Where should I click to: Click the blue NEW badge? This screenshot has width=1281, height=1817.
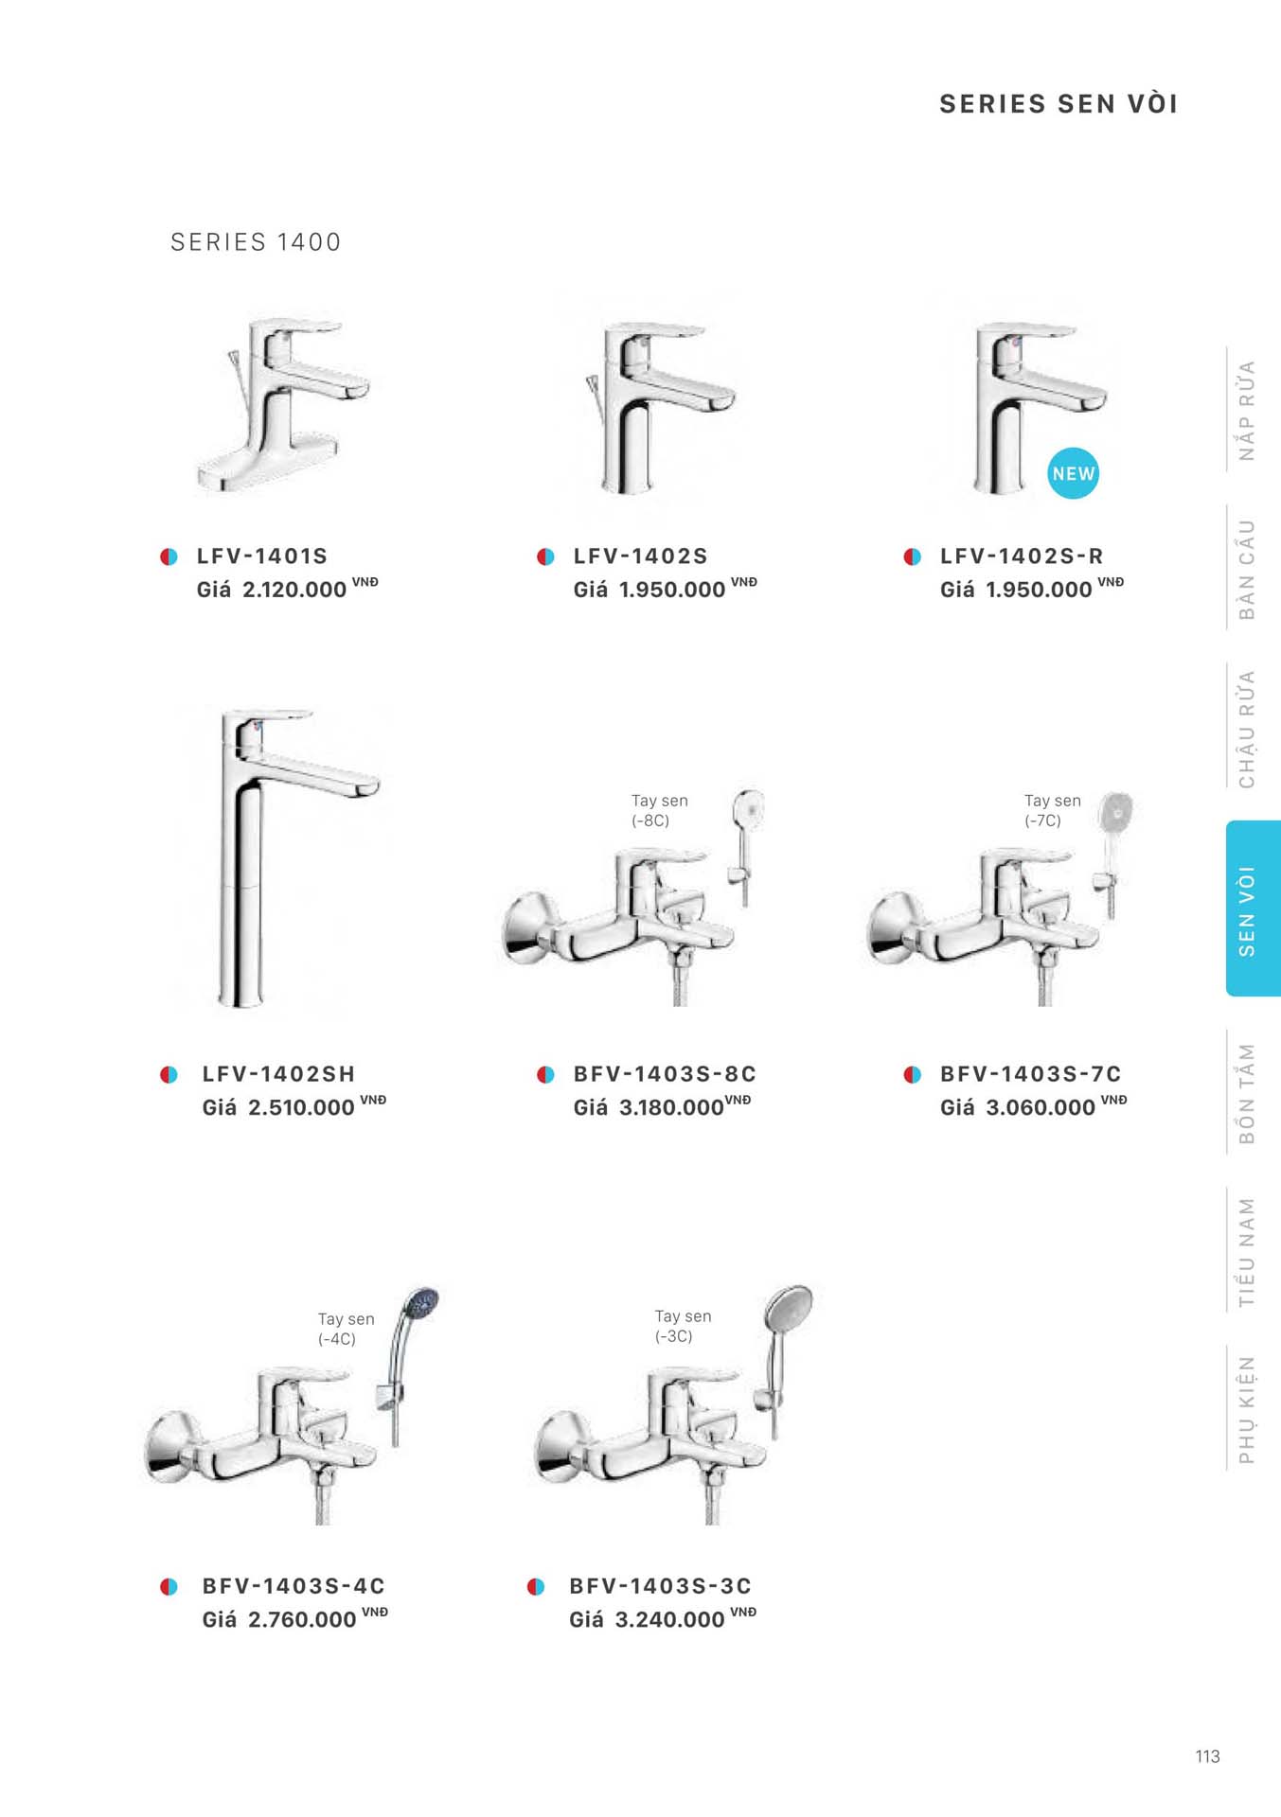(1073, 473)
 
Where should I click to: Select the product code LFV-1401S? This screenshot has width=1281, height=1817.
(262, 556)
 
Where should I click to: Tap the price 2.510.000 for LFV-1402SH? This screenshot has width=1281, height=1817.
(301, 1107)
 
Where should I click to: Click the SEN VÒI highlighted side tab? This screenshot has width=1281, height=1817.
(1253, 908)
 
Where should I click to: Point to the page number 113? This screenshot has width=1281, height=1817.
(1207, 1756)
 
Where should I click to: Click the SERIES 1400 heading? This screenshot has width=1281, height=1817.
(256, 242)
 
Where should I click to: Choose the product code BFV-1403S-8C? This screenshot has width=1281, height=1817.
(665, 1074)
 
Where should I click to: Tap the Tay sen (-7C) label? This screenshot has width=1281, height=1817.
(1052, 810)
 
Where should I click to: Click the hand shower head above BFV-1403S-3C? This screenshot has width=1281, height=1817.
(788, 1310)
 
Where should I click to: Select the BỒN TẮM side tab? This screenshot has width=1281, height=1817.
(1247, 1093)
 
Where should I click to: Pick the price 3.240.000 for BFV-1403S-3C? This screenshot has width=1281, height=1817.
(669, 1619)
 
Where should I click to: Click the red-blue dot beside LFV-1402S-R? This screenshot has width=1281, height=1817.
(912, 556)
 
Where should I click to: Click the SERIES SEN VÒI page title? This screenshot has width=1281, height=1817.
(1059, 104)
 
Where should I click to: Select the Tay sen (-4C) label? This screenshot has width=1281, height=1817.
(346, 1329)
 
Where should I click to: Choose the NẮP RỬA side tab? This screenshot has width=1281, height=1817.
(1247, 410)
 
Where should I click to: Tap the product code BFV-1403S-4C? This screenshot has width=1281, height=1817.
(294, 1586)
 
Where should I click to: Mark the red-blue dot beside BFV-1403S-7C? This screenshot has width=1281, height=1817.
(912, 1074)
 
